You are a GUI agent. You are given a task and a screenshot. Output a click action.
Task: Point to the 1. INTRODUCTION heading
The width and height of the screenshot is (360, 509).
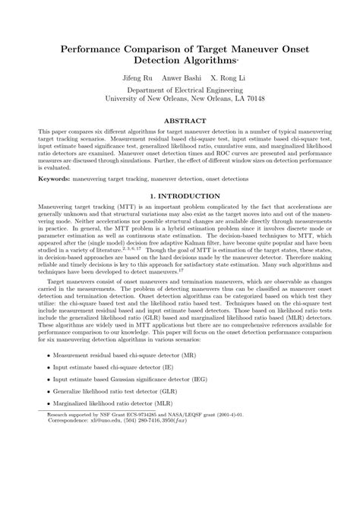coord(180,196)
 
